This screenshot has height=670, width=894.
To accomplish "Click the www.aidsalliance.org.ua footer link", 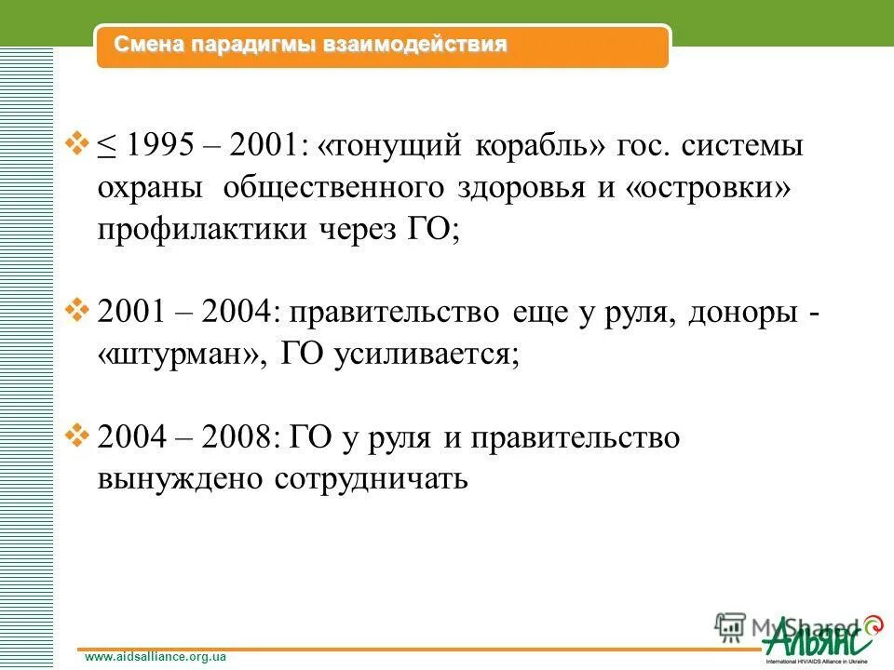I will click(156, 657).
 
